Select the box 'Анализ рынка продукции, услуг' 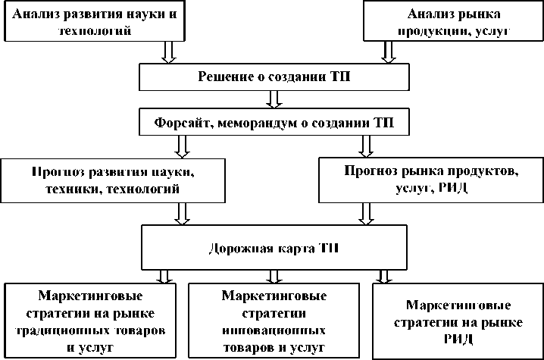[452, 21]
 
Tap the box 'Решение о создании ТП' [274, 76]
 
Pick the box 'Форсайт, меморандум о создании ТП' [274, 121]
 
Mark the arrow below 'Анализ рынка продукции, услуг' [388, 51]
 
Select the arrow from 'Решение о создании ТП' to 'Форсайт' [274, 99]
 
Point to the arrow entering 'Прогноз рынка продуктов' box [365, 146]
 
